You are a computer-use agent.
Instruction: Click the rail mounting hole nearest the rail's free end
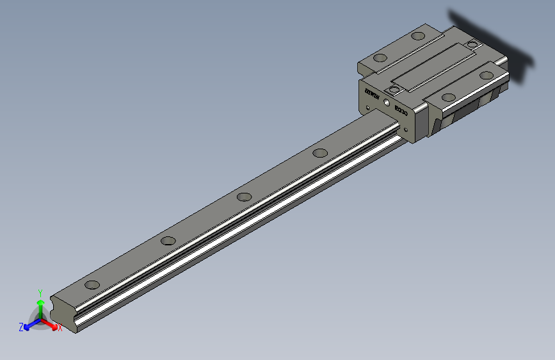[x=92, y=285]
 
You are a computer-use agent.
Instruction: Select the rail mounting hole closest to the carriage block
[x=320, y=152]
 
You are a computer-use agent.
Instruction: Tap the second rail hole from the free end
[x=168, y=241]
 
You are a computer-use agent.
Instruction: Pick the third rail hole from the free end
[x=243, y=197]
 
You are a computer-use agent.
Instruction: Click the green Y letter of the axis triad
[x=40, y=291]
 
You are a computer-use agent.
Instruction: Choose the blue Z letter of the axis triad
[x=21, y=327]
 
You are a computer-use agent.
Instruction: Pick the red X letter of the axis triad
[x=60, y=328]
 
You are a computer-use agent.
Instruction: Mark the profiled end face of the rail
[x=64, y=315]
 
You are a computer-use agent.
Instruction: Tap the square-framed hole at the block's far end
[x=473, y=44]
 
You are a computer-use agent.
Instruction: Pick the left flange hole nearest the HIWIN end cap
[x=380, y=58]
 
